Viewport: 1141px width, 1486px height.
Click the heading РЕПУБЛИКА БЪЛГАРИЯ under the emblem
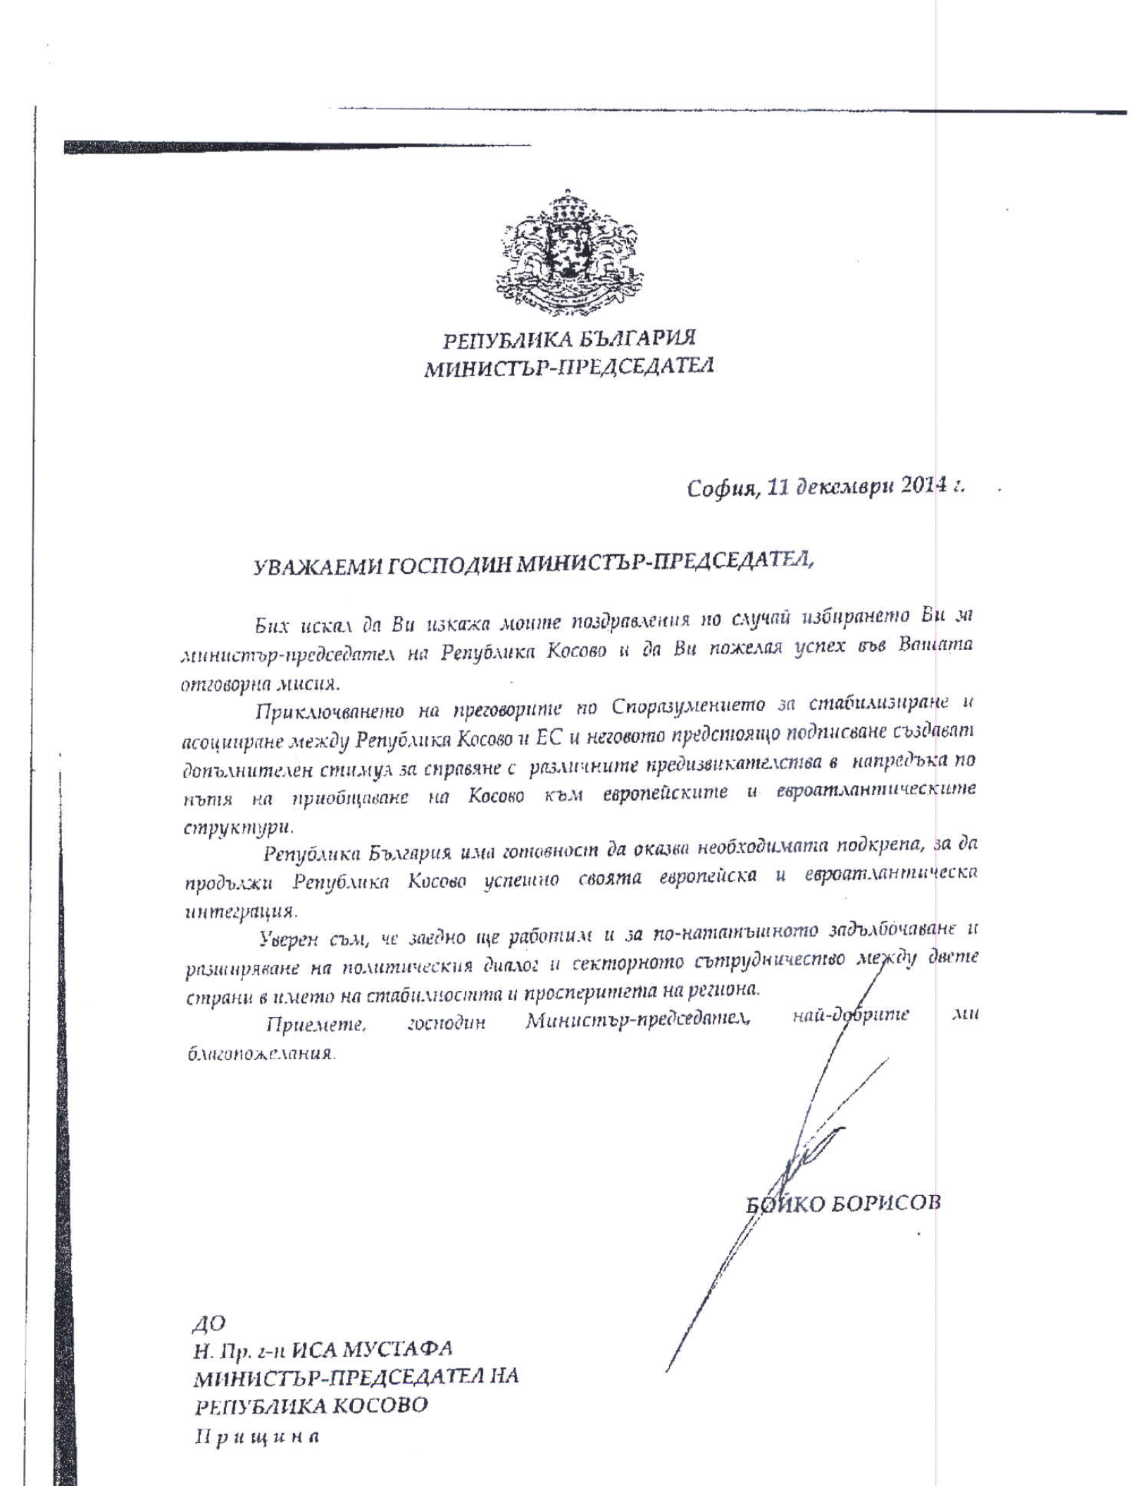tap(569, 339)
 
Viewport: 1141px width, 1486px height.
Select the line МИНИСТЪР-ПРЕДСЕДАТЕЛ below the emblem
tap(569, 367)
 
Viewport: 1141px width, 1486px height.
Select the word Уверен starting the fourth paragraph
tap(289, 940)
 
